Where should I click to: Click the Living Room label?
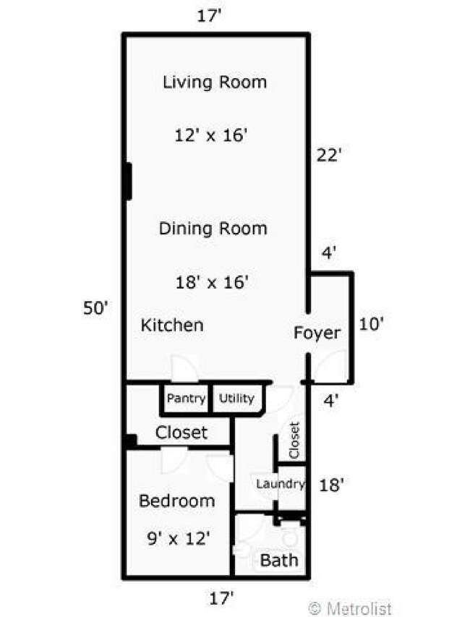point(215,82)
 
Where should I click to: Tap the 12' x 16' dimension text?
point(212,135)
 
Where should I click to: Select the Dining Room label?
point(213,229)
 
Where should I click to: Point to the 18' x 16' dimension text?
point(213,281)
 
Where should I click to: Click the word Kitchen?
point(171,325)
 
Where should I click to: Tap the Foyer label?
point(317,333)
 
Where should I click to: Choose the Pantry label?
point(187,398)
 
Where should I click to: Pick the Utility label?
point(236,398)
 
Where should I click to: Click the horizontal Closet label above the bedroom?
point(181,433)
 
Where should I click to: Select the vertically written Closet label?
point(294,441)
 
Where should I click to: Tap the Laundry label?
point(278,484)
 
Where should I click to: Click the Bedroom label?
point(177,501)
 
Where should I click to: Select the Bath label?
point(278,561)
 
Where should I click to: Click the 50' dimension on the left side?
point(95,307)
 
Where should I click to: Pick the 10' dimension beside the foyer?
point(371,324)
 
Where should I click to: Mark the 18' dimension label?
point(330,485)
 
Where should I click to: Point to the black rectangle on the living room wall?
point(127,182)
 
